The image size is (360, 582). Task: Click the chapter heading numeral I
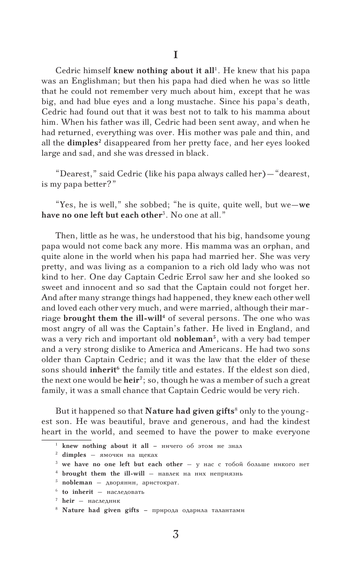(175, 55)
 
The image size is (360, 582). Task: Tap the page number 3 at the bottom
(175, 534)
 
